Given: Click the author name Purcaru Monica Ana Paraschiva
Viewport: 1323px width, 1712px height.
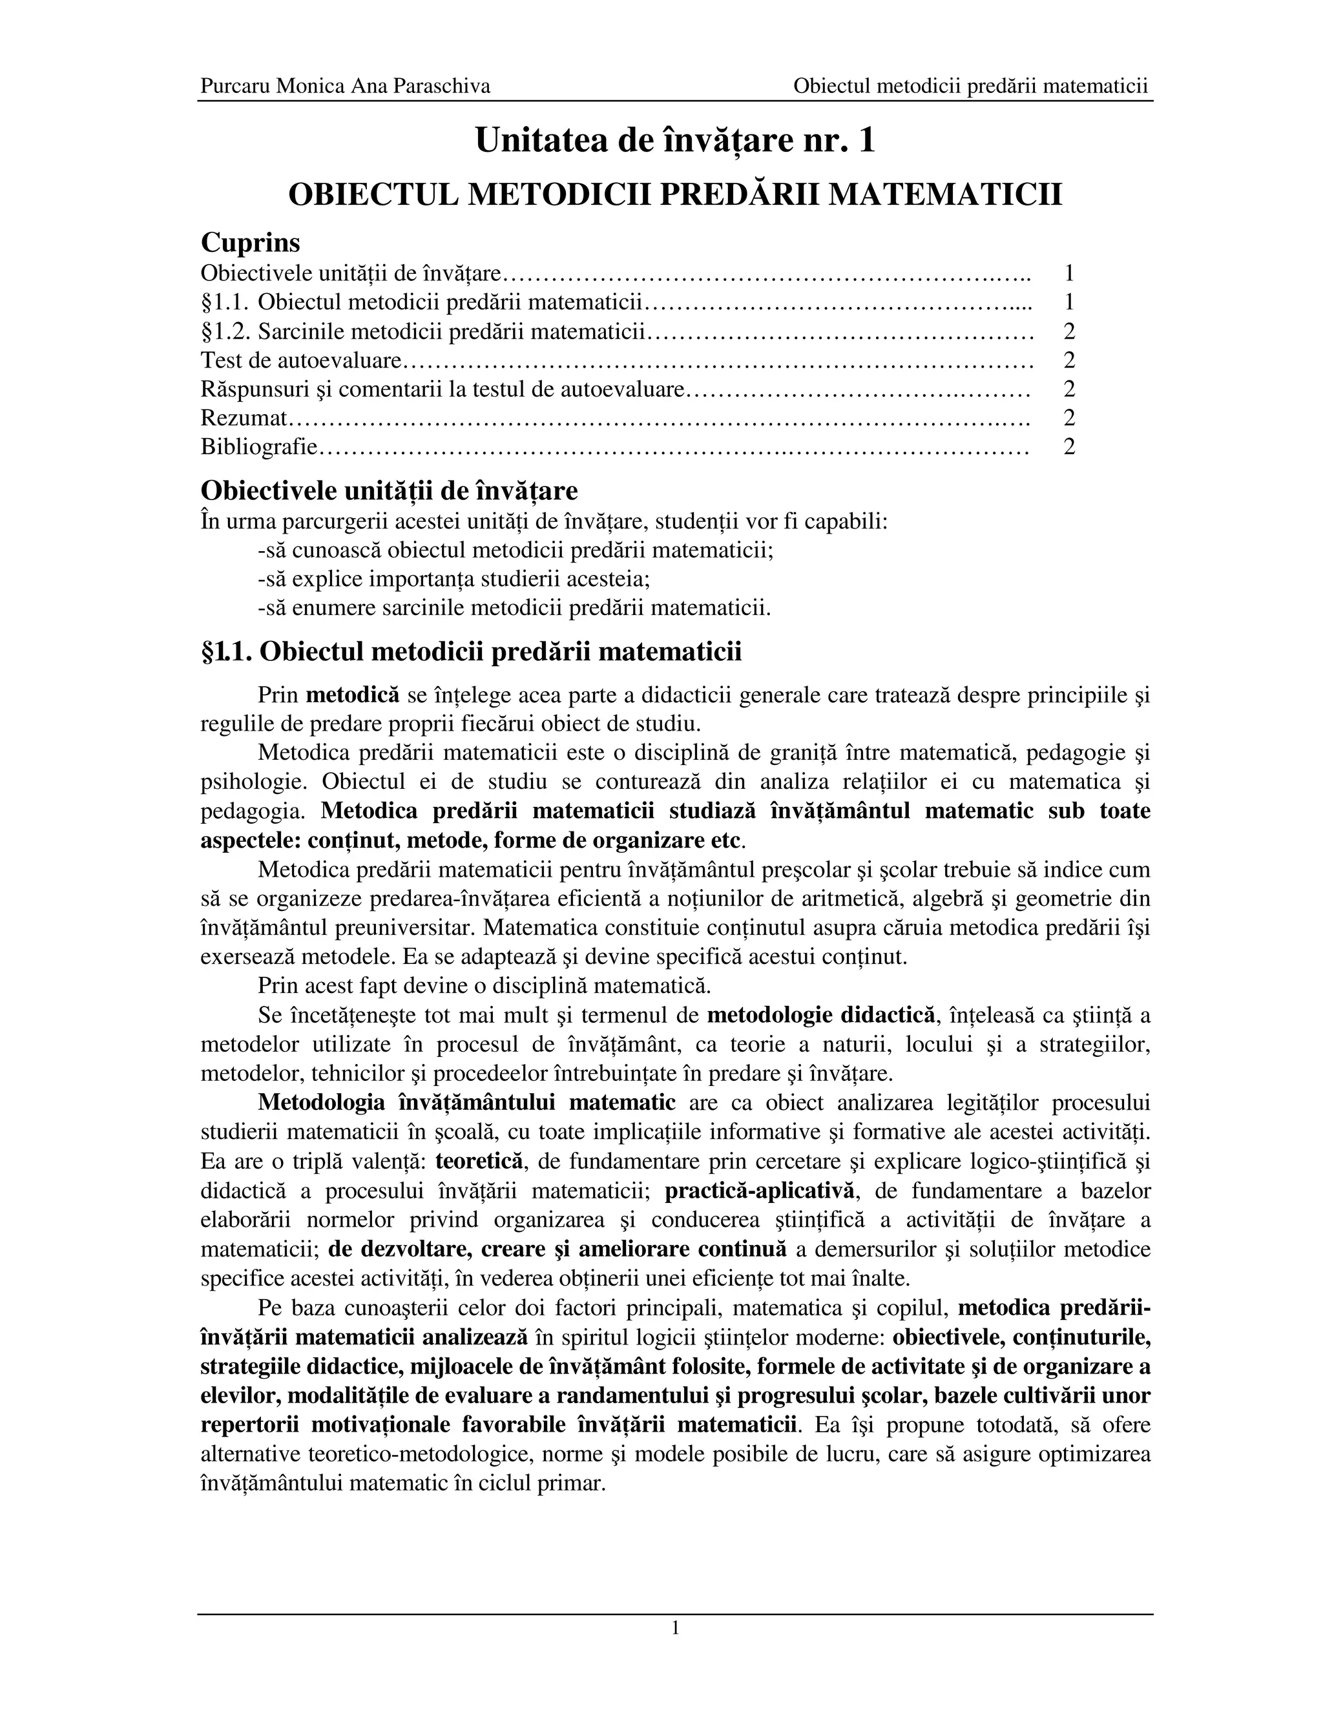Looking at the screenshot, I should tap(345, 85).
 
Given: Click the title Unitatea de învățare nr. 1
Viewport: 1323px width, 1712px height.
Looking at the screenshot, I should tap(675, 140).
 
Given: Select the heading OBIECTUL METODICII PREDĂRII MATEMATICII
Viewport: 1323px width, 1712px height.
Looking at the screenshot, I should tap(675, 194).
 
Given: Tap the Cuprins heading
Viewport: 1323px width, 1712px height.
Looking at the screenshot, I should tap(250, 242).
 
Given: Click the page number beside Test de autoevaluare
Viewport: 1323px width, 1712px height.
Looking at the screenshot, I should tap(1069, 360).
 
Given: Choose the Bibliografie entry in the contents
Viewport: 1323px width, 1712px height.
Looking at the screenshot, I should tap(258, 447).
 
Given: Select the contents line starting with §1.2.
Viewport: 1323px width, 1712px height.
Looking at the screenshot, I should tap(423, 331).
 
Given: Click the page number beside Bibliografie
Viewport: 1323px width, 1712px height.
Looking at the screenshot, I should tap(1069, 447).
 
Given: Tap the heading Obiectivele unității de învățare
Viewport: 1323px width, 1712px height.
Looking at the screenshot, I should tap(390, 491).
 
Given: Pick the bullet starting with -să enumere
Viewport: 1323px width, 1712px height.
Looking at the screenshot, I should tap(514, 609).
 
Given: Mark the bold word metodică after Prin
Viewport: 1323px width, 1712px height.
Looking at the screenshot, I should tap(352, 695).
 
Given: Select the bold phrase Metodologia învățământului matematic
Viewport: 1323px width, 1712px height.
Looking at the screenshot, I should tap(466, 1103).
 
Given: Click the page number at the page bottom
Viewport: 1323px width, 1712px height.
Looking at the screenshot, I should tap(675, 1629).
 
